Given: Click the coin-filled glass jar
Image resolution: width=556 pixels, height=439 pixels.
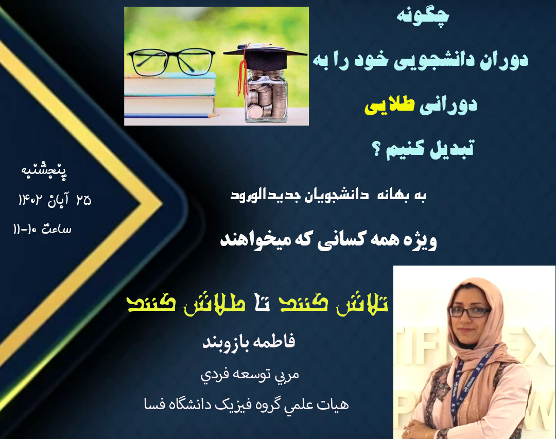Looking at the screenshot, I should coord(265,98).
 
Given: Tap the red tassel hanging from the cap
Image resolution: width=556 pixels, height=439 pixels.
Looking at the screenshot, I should coord(239,77).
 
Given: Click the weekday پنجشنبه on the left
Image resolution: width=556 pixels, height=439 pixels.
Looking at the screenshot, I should coord(45,170).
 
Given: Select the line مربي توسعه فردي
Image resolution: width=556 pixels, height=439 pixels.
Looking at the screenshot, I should coord(250,374).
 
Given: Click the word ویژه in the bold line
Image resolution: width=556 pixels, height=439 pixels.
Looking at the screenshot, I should coord(419,240).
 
